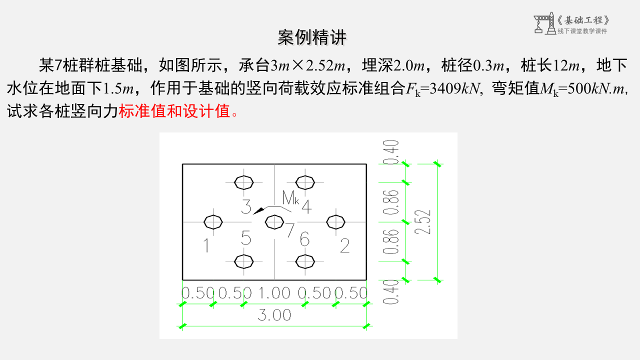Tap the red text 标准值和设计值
point(175,110)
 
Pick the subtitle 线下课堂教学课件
point(582,31)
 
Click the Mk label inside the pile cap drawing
point(290,198)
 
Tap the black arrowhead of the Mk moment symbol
point(258,211)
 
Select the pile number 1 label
point(206,245)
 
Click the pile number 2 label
point(344,245)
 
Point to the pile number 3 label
point(246,206)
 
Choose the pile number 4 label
point(306,206)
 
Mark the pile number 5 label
point(246,238)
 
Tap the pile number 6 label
point(304,239)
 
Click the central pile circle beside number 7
point(274,221)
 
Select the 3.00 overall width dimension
point(274,315)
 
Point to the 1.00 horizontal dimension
point(274,293)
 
